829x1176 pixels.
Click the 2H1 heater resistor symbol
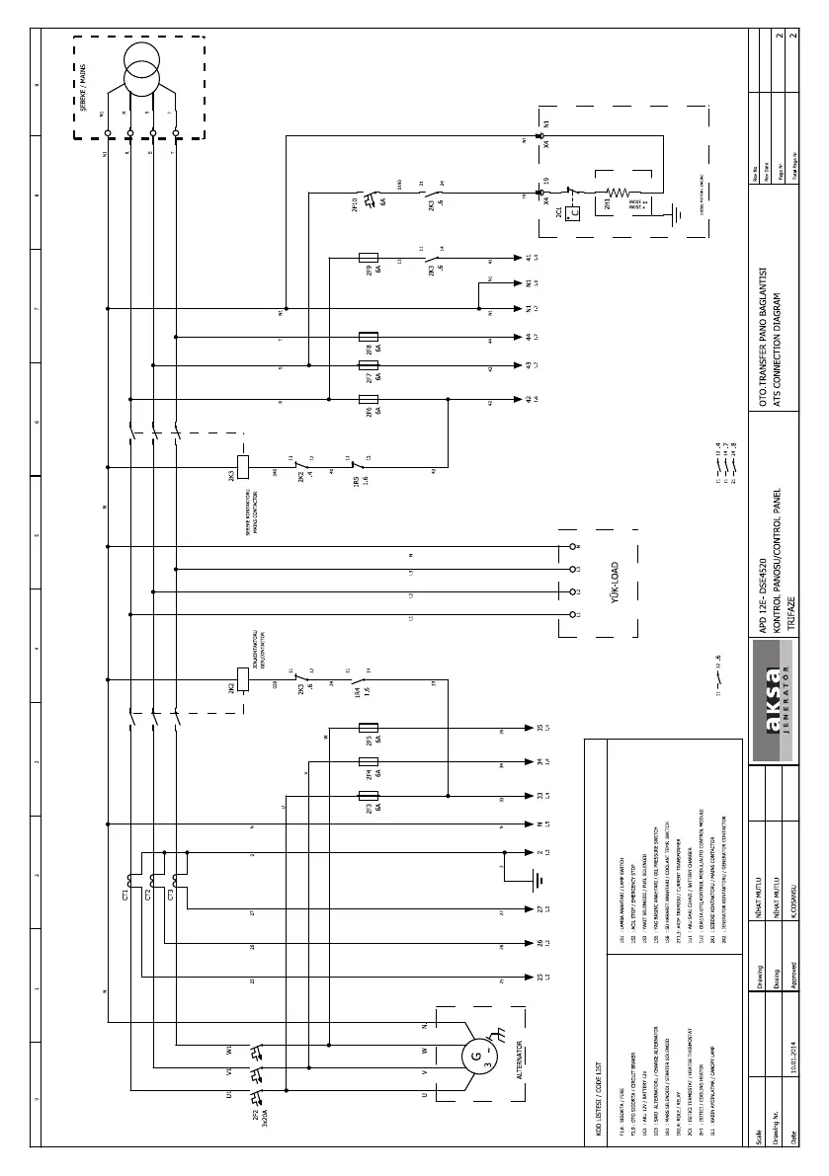(618, 194)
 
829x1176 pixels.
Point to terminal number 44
(529, 337)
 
